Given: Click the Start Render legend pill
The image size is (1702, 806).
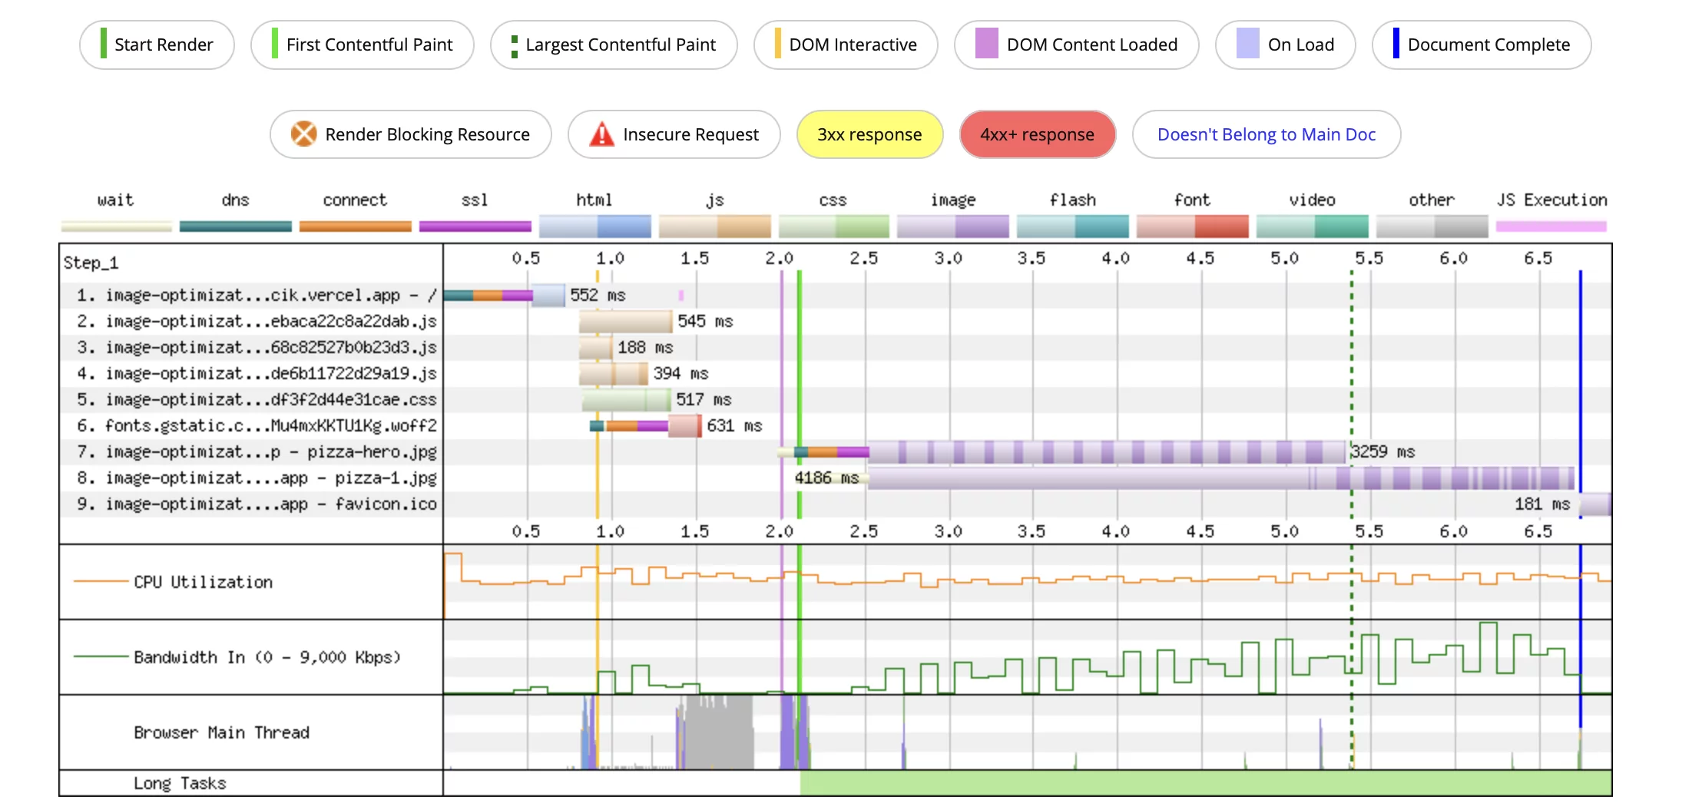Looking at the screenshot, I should tap(157, 45).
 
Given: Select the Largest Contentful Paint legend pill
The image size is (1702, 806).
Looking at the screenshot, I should tap(614, 45).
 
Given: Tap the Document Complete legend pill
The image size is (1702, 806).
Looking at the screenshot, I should tap(1481, 45).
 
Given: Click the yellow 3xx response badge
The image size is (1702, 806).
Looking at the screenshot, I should tap(869, 135).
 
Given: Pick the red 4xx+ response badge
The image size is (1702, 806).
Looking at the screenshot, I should tap(1037, 135).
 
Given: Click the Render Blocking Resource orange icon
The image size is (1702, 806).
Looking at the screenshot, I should tap(303, 134).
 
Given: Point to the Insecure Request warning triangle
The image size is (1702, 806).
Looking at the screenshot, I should tap(601, 134).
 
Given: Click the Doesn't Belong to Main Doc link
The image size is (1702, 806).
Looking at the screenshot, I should tap(1266, 135).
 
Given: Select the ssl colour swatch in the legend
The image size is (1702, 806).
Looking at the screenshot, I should tap(475, 226).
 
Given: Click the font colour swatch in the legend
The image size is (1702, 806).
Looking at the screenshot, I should tap(1192, 226).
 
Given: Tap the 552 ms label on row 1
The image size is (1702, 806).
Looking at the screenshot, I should tap(598, 296).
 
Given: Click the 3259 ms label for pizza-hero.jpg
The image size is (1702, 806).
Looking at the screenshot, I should tap(1382, 452).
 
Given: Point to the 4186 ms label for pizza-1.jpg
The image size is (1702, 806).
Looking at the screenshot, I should tap(826, 478).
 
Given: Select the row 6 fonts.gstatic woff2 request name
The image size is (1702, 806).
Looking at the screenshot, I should tap(270, 426).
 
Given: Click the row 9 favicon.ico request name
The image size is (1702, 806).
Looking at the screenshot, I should tap(270, 504).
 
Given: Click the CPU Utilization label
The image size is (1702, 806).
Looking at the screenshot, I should tap(203, 583).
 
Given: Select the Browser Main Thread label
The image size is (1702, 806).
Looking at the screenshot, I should tap(221, 733).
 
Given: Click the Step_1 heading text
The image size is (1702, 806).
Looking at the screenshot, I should tap(91, 263).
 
